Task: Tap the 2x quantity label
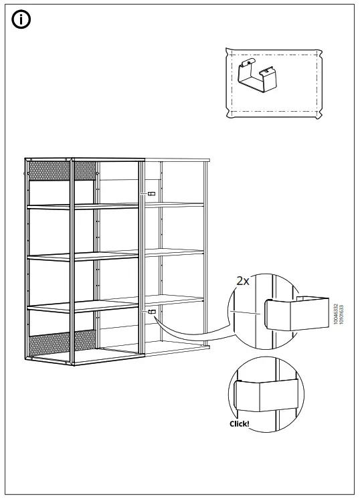click(x=242, y=282)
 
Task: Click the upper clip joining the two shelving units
click(x=151, y=193)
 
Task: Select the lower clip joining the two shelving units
click(x=151, y=312)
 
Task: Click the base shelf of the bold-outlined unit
click(x=84, y=358)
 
